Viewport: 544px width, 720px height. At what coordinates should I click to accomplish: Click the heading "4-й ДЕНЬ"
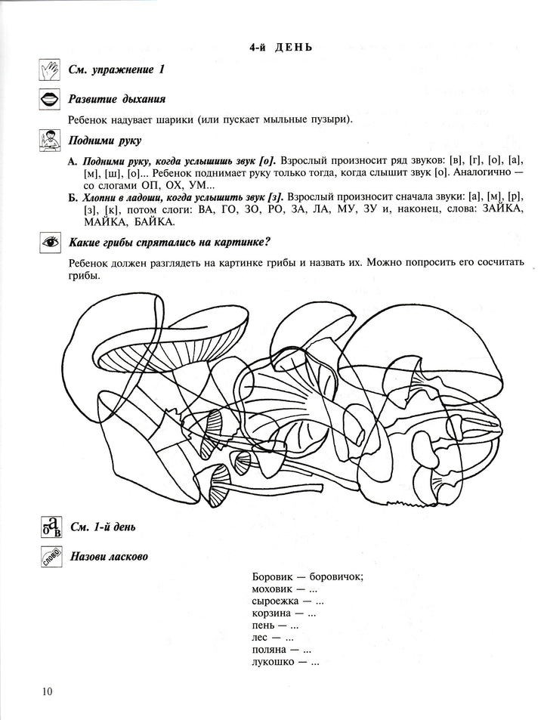click(x=281, y=48)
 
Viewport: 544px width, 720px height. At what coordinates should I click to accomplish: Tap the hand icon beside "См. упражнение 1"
click(x=49, y=70)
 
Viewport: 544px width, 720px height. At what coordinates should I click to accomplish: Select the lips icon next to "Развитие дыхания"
click(x=49, y=99)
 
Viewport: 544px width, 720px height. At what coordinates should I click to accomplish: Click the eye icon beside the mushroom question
click(x=49, y=243)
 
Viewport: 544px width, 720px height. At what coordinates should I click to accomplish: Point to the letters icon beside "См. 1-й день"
click(x=49, y=527)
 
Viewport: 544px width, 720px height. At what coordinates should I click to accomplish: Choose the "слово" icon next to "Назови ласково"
click(x=49, y=557)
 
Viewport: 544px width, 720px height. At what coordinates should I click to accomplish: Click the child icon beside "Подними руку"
click(x=49, y=141)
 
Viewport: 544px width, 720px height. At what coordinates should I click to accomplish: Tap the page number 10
click(x=48, y=691)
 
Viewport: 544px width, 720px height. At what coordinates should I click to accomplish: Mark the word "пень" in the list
click(x=264, y=626)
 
